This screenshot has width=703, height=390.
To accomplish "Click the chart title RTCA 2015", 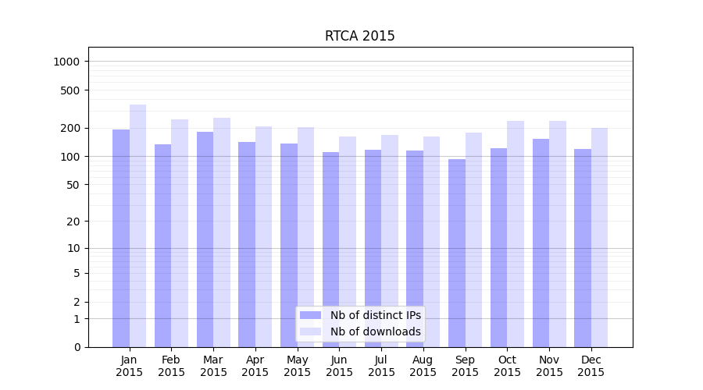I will click(x=359, y=36).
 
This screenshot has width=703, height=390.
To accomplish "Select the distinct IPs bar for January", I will click(x=121, y=238).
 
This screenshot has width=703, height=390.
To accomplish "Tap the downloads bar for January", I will click(x=137, y=225).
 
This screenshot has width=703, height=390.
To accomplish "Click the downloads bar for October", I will click(x=516, y=234).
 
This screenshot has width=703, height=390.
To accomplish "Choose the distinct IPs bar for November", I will click(x=541, y=243).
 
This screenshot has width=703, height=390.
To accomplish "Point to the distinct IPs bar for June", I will click(x=331, y=250).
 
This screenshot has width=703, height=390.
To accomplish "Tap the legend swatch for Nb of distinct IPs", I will click(x=310, y=315).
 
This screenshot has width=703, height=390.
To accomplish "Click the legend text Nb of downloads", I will click(x=375, y=331).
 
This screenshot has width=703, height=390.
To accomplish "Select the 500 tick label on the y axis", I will click(x=71, y=90).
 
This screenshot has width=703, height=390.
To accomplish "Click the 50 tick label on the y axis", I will click(x=73, y=185).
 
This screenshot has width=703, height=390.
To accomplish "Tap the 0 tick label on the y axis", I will click(x=77, y=347).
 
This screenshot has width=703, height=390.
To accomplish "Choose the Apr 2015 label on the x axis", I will click(x=255, y=366).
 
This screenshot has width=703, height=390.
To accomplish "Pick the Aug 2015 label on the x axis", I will click(x=423, y=366).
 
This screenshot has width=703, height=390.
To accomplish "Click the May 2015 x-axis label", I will click(x=298, y=366).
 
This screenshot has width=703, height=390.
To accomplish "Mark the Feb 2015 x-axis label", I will click(x=171, y=366).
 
